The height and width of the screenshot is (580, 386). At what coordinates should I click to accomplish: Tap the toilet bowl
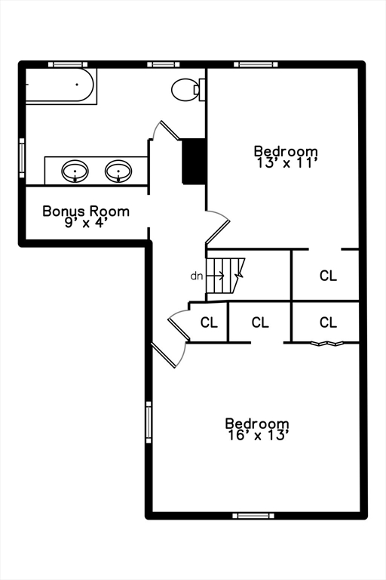coord(184,90)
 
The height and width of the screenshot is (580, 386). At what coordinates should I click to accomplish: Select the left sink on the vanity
coord(75,171)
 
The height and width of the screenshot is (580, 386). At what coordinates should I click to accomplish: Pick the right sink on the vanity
coord(118,171)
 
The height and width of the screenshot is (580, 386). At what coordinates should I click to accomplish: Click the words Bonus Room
coord(86,211)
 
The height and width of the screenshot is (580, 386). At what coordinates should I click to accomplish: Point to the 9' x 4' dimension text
coord(86,223)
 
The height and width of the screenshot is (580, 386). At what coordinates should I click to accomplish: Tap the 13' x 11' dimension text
coord(286,163)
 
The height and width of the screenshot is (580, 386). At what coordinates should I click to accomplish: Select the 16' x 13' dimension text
coord(257,435)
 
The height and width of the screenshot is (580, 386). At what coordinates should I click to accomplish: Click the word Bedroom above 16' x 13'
coord(257,423)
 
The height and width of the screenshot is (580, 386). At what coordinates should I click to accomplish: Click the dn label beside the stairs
coord(197,276)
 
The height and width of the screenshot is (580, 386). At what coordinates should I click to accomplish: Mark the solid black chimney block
coord(194,161)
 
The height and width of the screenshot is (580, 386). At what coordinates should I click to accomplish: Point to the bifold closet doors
coord(327,344)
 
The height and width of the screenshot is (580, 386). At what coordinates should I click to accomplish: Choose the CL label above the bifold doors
coord(329,322)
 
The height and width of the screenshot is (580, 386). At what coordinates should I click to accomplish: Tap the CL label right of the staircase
coord(329,276)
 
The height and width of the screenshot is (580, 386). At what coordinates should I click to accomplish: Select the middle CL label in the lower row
coord(260,322)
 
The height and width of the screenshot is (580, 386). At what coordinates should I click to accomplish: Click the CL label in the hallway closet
coord(209,322)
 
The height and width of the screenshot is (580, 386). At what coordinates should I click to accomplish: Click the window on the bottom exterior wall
coord(253,516)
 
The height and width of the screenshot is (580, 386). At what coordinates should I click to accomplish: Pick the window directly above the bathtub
coord(68,64)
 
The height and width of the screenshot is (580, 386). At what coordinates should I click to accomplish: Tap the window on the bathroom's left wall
coord(22,158)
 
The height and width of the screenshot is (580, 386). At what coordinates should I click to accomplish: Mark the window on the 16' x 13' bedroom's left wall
coord(149,422)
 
